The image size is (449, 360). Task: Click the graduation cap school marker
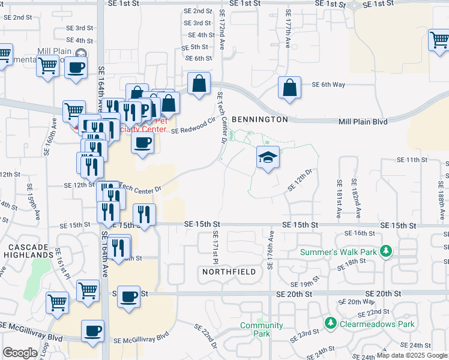[268, 158]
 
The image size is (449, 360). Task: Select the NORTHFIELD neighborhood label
[229, 272]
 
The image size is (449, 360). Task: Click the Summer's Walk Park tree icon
[388, 251]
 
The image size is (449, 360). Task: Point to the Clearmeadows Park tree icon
[330, 324]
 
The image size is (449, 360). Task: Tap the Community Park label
[261, 329]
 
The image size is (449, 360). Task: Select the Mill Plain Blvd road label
[364, 121]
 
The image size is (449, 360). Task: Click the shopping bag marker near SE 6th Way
[290, 88]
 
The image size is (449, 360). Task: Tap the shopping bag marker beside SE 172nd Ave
[199, 84]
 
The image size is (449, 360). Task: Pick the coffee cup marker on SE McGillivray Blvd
[92, 331]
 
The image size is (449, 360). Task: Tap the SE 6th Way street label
[328, 85]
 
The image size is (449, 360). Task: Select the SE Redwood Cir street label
[193, 125]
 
